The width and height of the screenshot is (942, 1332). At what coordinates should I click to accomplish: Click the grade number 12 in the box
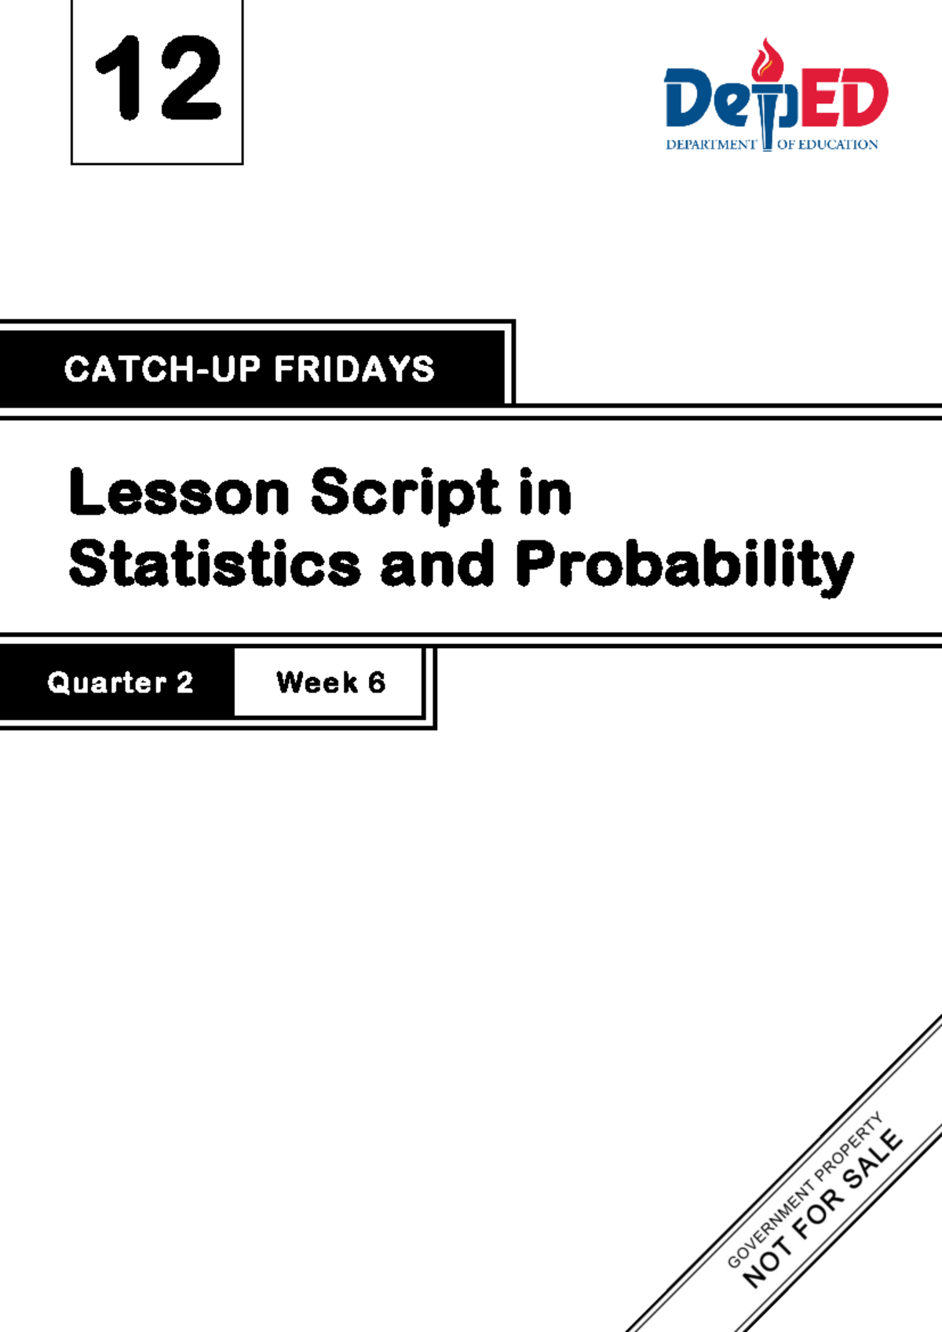coord(158,79)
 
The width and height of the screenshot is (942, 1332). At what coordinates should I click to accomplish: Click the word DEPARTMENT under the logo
coord(710,145)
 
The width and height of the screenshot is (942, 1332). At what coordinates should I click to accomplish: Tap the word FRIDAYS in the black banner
coord(354,369)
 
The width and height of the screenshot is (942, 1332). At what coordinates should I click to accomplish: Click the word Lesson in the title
coord(180,493)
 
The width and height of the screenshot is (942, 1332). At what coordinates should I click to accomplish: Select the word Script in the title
coord(405,493)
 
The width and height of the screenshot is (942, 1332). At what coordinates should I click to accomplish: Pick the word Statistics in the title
coord(214,564)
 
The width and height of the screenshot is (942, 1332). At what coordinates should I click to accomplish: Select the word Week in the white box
coord(317,682)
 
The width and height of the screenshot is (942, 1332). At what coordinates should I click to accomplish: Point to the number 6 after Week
coord(377,682)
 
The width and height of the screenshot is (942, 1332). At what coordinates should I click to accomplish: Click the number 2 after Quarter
coord(184,682)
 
